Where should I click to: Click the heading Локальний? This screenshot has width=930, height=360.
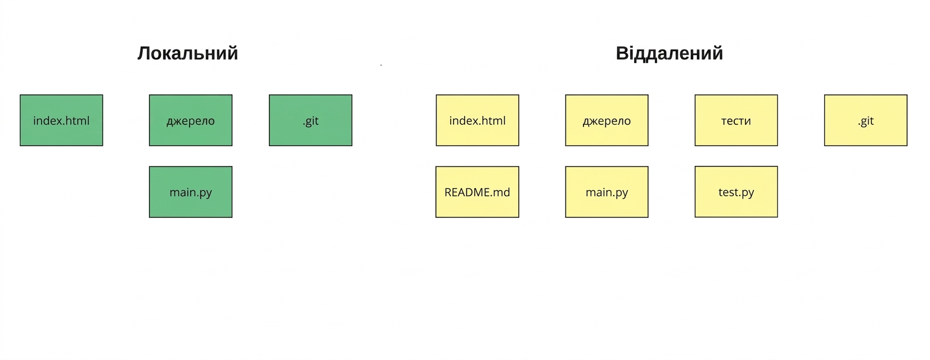pyautogui.click(x=188, y=53)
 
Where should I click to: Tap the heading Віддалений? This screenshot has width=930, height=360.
pyautogui.click(x=670, y=53)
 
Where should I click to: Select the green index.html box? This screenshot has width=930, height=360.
pyautogui.click(x=61, y=120)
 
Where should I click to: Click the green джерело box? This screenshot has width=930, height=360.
pyautogui.click(x=191, y=120)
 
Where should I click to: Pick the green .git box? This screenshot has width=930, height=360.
pyautogui.click(x=311, y=120)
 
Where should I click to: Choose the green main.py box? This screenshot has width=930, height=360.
pyautogui.click(x=191, y=192)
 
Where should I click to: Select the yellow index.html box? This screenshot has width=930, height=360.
pyautogui.click(x=478, y=120)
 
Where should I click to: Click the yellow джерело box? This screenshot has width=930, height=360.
pyautogui.click(x=606, y=120)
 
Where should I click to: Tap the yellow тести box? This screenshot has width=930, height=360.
pyautogui.click(x=736, y=120)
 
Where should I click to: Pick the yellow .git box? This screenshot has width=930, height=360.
pyautogui.click(x=866, y=120)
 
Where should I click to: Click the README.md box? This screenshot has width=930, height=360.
pyautogui.click(x=478, y=192)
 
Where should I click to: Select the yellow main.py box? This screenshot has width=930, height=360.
pyautogui.click(x=606, y=192)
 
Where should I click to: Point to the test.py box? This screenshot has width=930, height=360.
pyautogui.click(x=736, y=192)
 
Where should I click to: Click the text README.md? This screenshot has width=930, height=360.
pyautogui.click(x=478, y=192)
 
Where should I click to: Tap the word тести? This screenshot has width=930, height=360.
pyautogui.click(x=736, y=121)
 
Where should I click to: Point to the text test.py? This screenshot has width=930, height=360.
pyautogui.click(x=736, y=193)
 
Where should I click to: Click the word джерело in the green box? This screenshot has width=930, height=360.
pyautogui.click(x=191, y=121)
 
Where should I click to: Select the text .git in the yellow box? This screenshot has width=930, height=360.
pyautogui.click(x=866, y=121)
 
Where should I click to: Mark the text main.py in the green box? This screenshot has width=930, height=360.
pyautogui.click(x=191, y=193)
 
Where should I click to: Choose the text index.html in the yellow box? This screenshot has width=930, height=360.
pyautogui.click(x=478, y=121)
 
